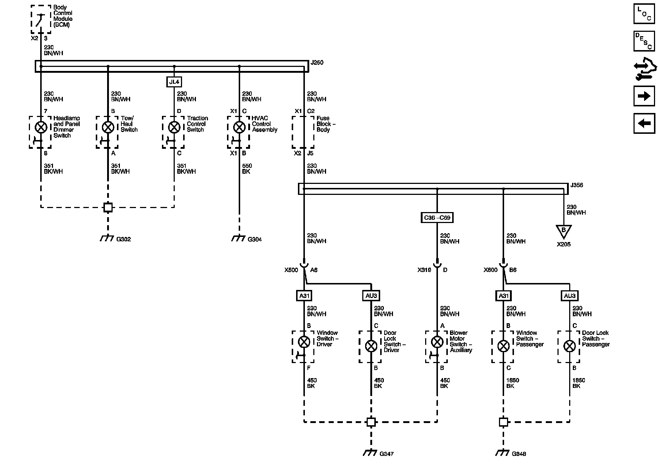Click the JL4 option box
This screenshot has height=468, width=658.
point(174,82)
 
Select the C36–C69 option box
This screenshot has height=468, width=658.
point(437,218)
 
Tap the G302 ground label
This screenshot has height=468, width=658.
point(124,239)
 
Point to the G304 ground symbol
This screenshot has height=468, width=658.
point(239,238)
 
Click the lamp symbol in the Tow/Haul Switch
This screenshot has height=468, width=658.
point(108,127)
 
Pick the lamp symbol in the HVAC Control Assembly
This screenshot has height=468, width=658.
point(239,127)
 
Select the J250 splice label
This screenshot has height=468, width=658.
point(317,63)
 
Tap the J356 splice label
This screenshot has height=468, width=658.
point(577,185)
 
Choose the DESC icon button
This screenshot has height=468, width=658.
point(644,41)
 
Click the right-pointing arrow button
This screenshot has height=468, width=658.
point(644,96)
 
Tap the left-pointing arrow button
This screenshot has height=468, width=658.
point(644,123)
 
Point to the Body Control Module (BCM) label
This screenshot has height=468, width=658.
point(63,16)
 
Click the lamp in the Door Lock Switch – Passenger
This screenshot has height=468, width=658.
point(570,346)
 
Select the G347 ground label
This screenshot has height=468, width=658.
point(386,454)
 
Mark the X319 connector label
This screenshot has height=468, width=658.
point(424,270)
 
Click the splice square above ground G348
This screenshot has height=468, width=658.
point(503,422)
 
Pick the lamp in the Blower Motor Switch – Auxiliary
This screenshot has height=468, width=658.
point(437,342)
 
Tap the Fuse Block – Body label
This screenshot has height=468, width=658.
point(326,124)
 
